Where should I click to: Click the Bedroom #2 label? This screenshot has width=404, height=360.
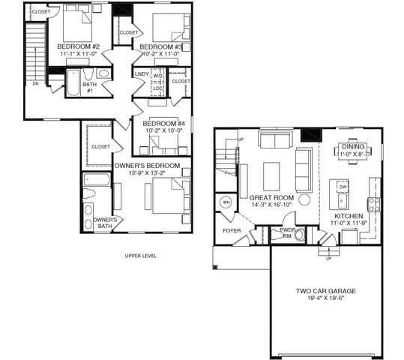click(79, 46)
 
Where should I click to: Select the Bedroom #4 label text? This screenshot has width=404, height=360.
click(164, 124)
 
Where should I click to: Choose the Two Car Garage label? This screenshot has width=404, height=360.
click(326, 290)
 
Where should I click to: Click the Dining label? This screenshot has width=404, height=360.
click(353, 147)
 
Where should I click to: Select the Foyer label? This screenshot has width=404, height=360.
click(232, 231)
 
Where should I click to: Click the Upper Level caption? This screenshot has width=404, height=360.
click(140, 256)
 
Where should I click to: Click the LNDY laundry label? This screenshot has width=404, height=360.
click(142, 73)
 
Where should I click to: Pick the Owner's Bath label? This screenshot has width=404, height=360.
click(103, 223)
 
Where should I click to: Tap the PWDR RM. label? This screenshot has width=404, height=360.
click(286, 232)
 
